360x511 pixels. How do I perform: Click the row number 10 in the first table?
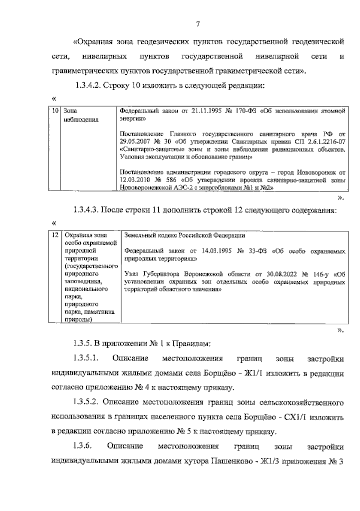coord(55,111)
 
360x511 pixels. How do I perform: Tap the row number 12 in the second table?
coord(55,235)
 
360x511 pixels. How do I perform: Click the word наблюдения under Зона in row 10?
coord(81,120)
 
